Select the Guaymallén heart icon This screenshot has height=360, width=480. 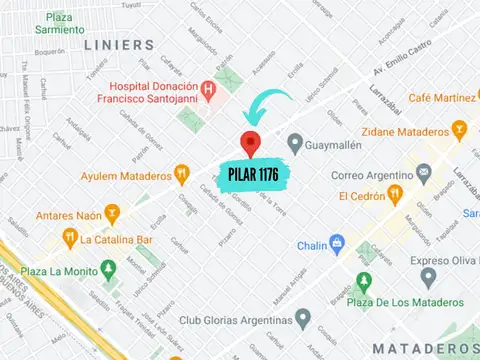pyautogui.click(x=294, y=144)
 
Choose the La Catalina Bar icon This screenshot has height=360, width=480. pyautogui.click(x=70, y=238)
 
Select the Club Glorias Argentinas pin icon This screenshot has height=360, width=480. pyautogui.click(x=302, y=320)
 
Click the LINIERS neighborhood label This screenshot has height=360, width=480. pyautogui.click(x=119, y=46)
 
